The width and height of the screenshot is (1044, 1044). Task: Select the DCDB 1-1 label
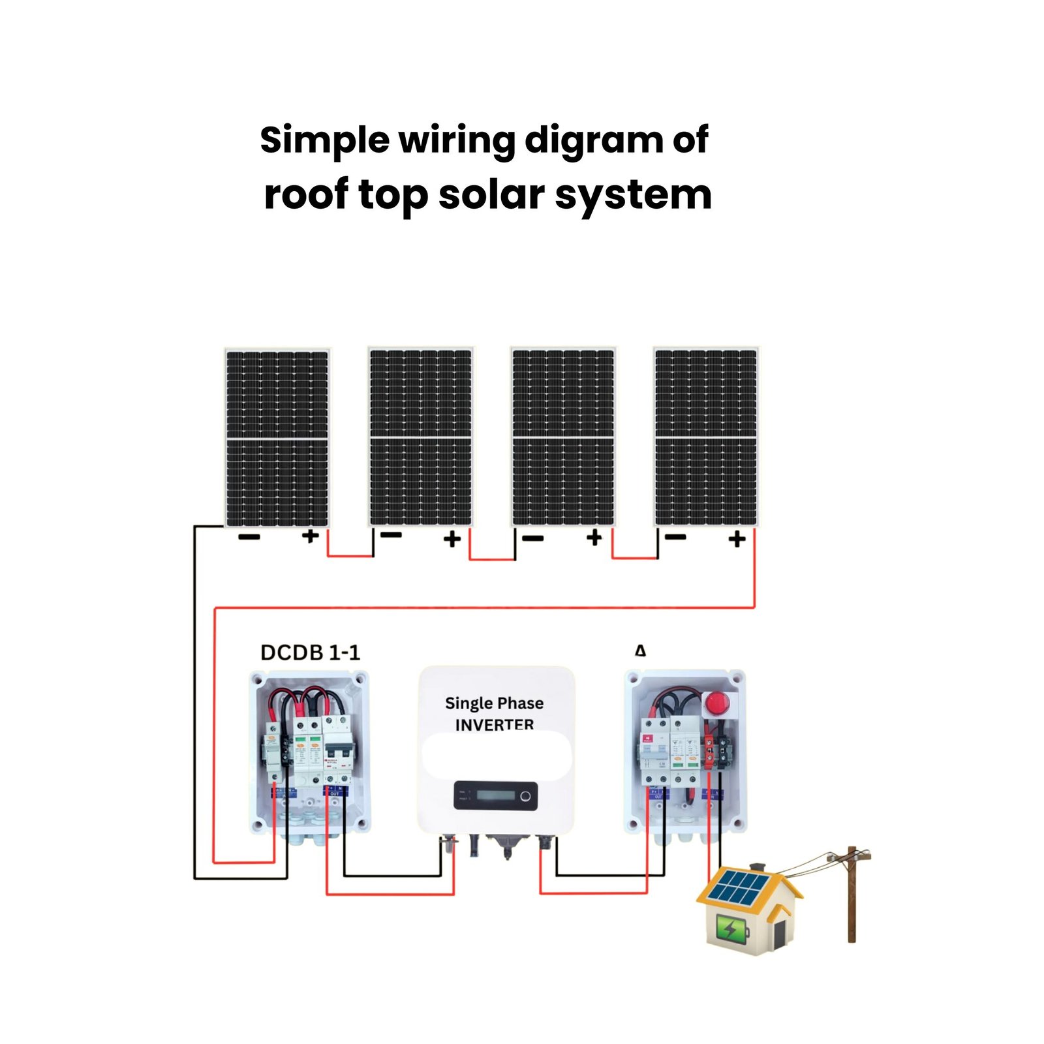pyautogui.click(x=310, y=652)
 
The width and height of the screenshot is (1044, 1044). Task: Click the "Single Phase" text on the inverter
pyautogui.click(x=494, y=703)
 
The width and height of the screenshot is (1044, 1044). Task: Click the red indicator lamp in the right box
pyautogui.click(x=717, y=703)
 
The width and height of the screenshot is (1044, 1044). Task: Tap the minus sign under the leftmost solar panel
pyautogui.click(x=249, y=537)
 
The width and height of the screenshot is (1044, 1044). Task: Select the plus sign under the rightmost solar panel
pyautogui.click(x=737, y=539)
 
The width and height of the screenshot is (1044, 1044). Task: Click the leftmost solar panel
pyautogui.click(x=277, y=437)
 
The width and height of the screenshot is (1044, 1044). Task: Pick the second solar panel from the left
pyautogui.click(x=420, y=437)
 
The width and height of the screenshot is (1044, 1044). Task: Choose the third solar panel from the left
pyautogui.click(x=563, y=437)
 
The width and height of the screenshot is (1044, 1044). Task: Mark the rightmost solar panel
pyautogui.click(x=705, y=437)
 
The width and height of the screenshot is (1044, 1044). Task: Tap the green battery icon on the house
pyautogui.click(x=732, y=929)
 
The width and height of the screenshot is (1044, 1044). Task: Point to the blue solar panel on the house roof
pyautogui.click(x=739, y=888)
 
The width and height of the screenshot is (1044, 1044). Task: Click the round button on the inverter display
pyautogui.click(x=525, y=796)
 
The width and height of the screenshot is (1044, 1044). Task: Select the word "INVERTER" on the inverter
pyautogui.click(x=494, y=724)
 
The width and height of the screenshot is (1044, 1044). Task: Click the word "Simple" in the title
pyautogui.click(x=324, y=141)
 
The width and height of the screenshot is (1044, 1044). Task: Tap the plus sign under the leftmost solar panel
pyautogui.click(x=310, y=536)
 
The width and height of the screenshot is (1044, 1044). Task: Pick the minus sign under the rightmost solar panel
pyautogui.click(x=676, y=537)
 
